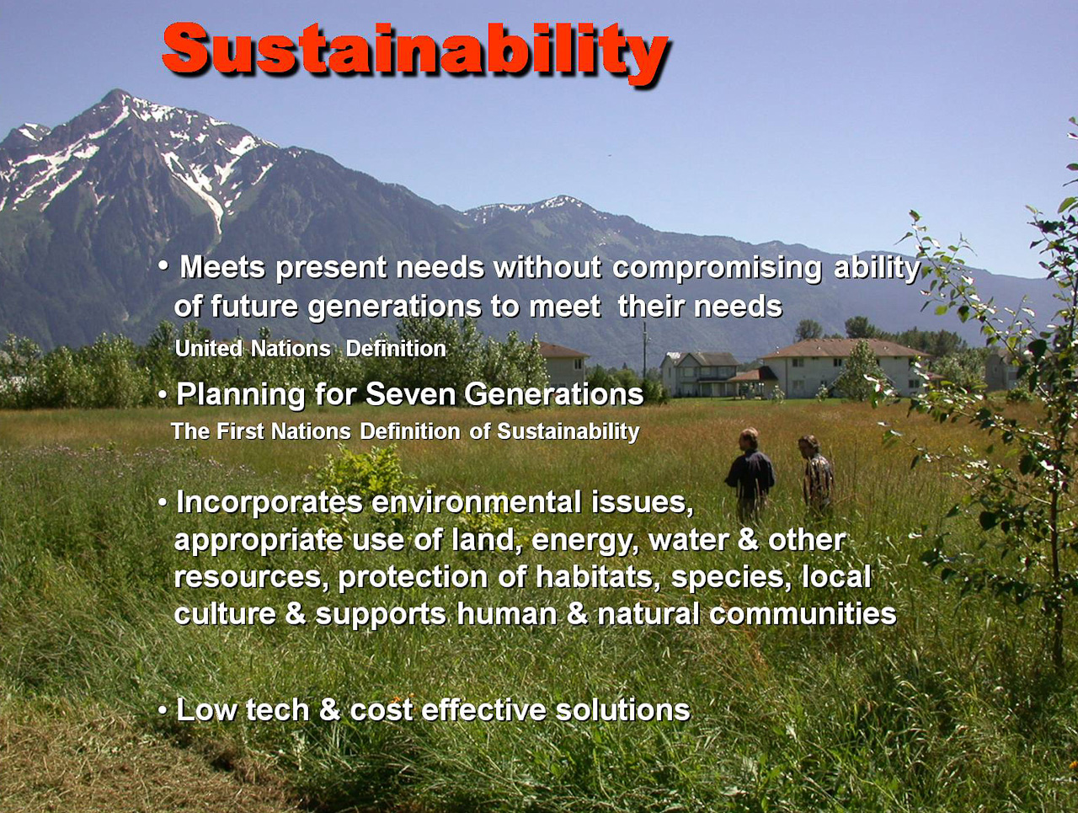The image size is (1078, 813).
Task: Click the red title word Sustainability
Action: pos(415,51)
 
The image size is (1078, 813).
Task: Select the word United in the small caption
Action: pos(209,349)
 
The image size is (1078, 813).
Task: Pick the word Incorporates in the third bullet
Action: pos(269,502)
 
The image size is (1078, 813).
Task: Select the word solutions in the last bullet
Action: pos(622,710)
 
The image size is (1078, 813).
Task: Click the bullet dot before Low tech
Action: pos(162,711)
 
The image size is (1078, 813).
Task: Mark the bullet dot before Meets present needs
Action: pos(163,266)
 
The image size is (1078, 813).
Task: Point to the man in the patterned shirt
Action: pos(817,474)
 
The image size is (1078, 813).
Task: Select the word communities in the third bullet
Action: pos(803,614)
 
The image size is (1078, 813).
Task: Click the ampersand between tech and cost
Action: pos(329,710)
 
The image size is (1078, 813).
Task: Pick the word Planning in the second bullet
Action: pos(240,395)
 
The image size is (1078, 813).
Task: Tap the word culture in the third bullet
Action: pos(225,614)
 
